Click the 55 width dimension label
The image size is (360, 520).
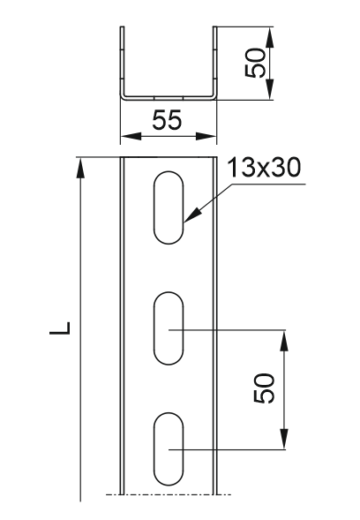tap(167, 120)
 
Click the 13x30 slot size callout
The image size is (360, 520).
tap(264, 168)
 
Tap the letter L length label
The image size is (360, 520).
tap(60, 328)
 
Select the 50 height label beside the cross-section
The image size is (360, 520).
tap(255, 63)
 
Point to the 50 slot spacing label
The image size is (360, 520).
tap(264, 388)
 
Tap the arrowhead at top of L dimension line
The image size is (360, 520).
tap(80, 168)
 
